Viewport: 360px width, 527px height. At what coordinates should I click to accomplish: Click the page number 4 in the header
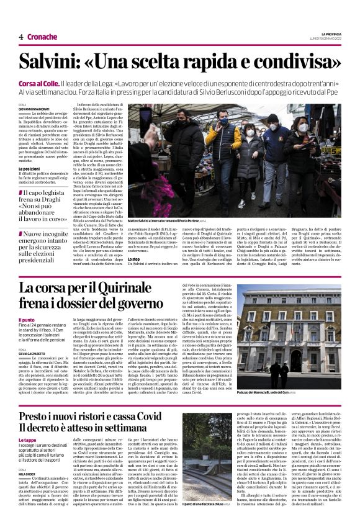(x=20, y=37)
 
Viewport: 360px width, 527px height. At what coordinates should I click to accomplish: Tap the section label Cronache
(x=43, y=37)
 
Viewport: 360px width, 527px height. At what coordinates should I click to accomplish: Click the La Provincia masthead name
(x=330, y=34)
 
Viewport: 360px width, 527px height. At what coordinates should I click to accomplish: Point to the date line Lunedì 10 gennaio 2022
(x=327, y=38)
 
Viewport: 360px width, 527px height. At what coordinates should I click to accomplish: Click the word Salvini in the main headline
(x=50, y=62)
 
